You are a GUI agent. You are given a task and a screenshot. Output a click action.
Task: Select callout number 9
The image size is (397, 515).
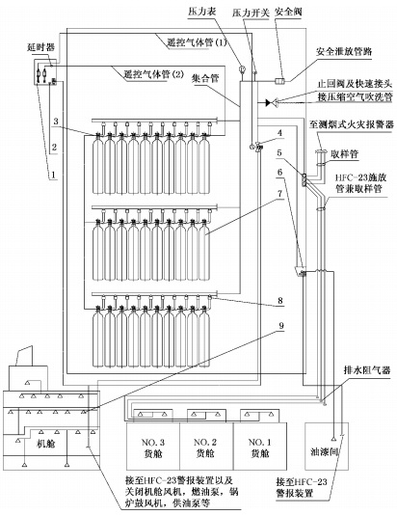click(x=281, y=325)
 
